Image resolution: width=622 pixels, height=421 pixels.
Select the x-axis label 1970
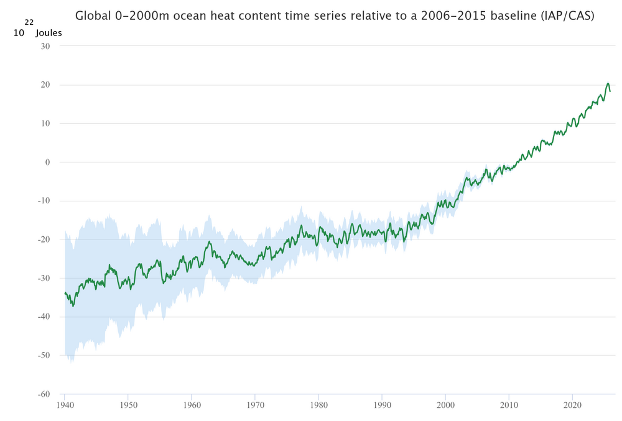click(x=254, y=404)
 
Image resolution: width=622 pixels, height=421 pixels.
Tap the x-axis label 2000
click(x=445, y=404)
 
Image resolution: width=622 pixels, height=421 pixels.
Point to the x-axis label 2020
click(x=572, y=404)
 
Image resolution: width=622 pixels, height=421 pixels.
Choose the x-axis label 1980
click(x=318, y=404)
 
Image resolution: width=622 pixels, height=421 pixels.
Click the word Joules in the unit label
click(x=49, y=33)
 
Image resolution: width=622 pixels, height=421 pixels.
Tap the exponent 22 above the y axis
click(x=29, y=22)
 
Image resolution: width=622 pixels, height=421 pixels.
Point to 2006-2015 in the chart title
click(x=446, y=16)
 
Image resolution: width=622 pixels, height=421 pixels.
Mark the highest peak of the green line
click(x=608, y=83)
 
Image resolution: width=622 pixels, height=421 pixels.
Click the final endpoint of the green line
click(x=610, y=91)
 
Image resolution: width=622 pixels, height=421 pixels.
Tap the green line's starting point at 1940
click(x=65, y=292)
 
